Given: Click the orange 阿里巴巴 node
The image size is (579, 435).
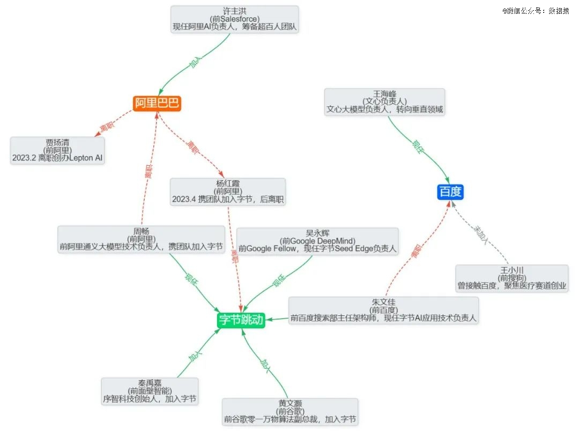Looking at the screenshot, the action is tap(157, 103).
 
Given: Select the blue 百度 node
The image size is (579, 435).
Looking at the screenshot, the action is tap(450, 192).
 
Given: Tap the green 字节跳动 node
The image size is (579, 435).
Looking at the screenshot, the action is tap(241, 320).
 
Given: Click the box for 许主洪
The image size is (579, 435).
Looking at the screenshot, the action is tap(234, 19).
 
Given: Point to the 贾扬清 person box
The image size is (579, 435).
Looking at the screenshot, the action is tap(57, 150).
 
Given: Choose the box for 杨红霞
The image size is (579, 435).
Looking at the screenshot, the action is tap(228, 192).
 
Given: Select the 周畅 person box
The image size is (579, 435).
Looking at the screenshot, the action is tap(141, 239).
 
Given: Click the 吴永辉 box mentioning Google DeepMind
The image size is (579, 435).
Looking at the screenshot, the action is tap(317, 241).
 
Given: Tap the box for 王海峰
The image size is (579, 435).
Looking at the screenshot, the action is tap(384, 102).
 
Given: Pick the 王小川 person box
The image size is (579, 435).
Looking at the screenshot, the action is tap(512, 278).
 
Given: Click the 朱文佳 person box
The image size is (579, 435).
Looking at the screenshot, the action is tap(383, 311).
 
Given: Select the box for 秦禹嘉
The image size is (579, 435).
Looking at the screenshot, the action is tap(150, 392).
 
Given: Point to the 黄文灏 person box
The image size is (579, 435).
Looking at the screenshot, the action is tap(290, 412).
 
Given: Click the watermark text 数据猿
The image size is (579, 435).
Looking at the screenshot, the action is tap(559, 11).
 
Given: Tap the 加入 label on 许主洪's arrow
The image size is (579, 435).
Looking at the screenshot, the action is tap(196, 62).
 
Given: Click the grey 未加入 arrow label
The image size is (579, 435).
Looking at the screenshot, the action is tap(481, 235).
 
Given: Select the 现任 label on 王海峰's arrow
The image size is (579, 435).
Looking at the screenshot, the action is tap(418, 147).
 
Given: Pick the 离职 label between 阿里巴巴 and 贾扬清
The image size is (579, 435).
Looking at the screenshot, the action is tap(107, 127).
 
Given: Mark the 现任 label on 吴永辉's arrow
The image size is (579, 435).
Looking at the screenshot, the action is tap(279, 281).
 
